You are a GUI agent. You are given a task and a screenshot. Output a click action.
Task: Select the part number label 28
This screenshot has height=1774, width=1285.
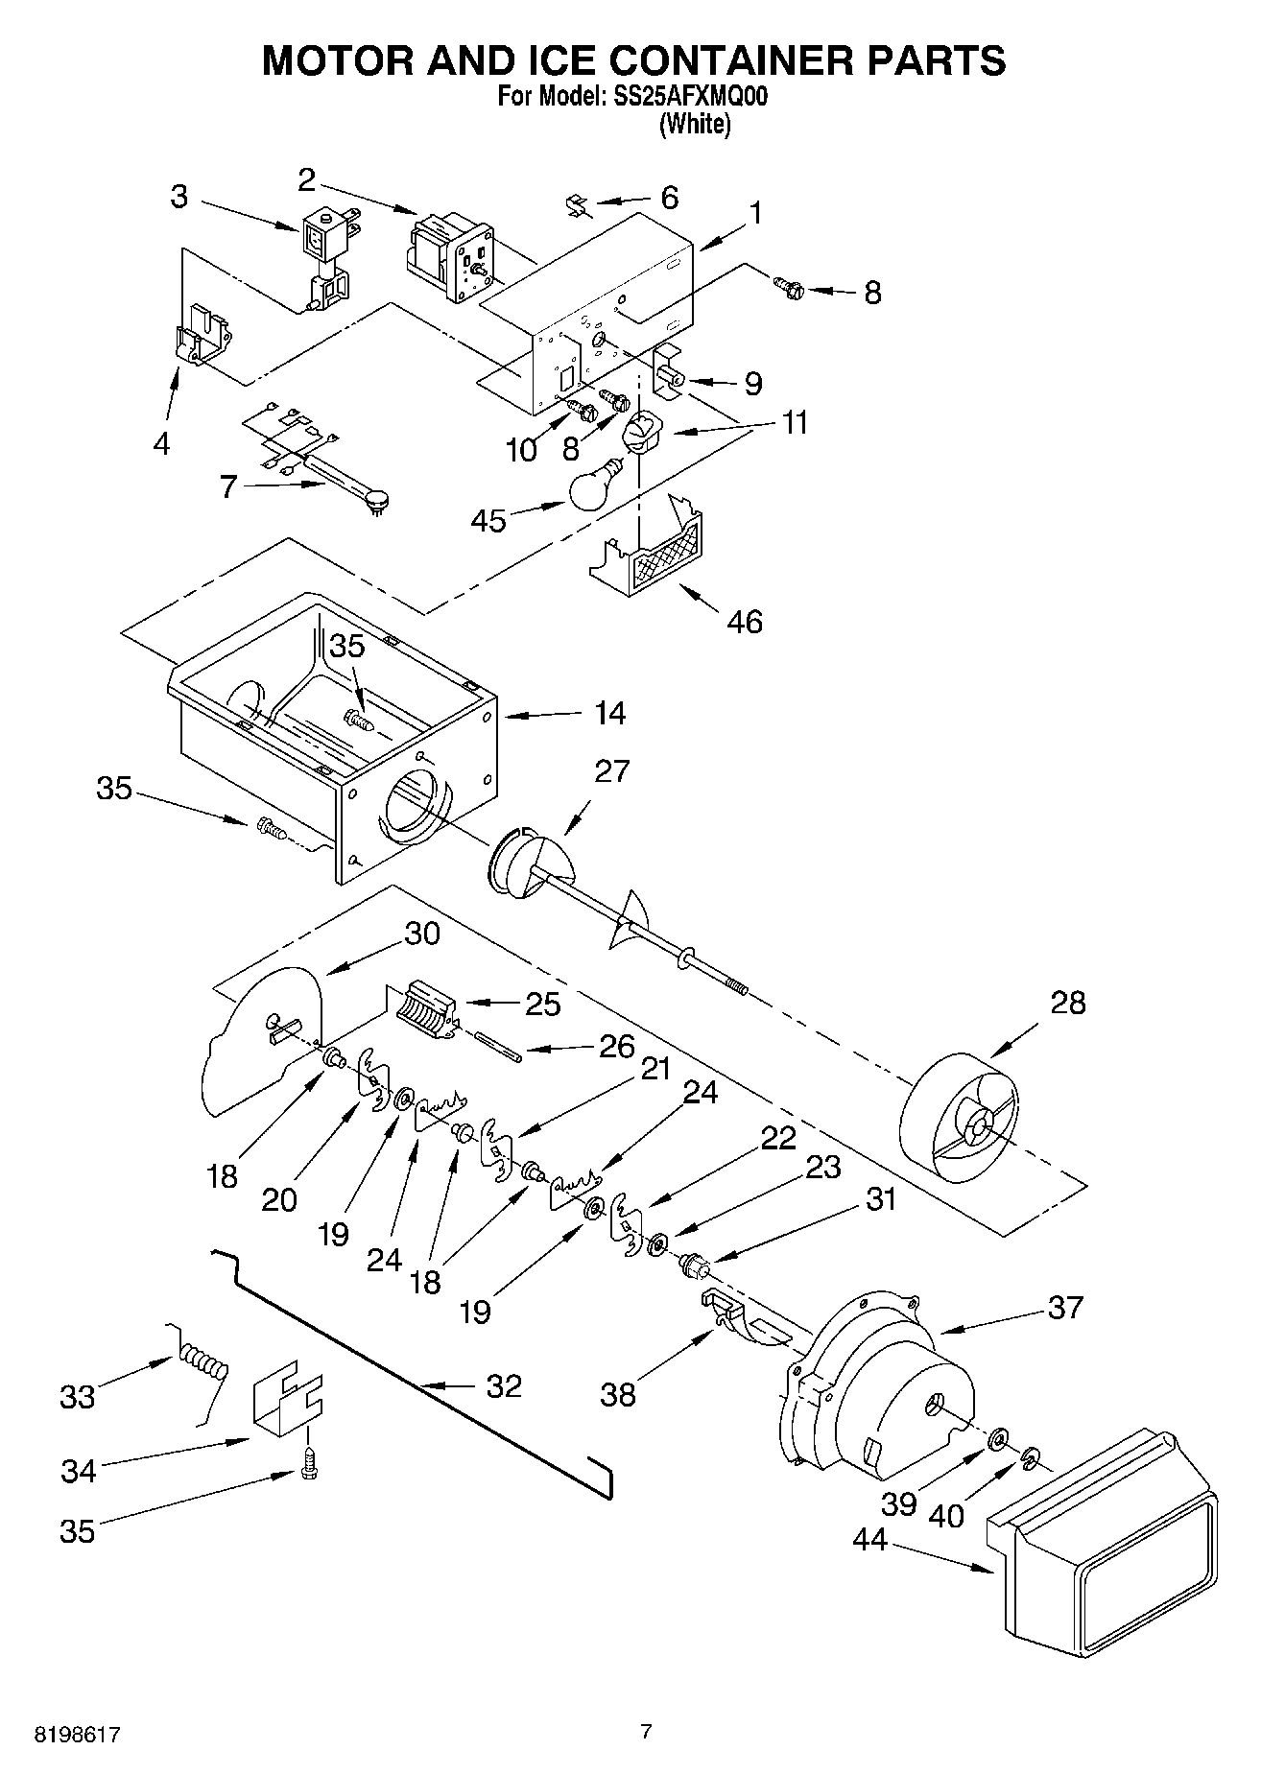pyautogui.click(x=1067, y=1003)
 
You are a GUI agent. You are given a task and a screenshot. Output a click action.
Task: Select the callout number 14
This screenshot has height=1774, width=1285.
pyautogui.click(x=609, y=713)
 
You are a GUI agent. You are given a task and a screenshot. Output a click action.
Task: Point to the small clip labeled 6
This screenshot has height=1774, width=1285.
pyautogui.click(x=576, y=204)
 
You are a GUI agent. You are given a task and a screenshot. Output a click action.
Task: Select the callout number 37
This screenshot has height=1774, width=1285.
pyautogui.click(x=1064, y=1307)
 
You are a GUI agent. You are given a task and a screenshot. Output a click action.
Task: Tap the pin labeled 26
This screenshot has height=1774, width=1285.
pyautogui.click(x=497, y=1046)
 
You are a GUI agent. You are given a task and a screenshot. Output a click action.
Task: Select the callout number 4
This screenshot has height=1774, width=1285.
pyautogui.click(x=161, y=443)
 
